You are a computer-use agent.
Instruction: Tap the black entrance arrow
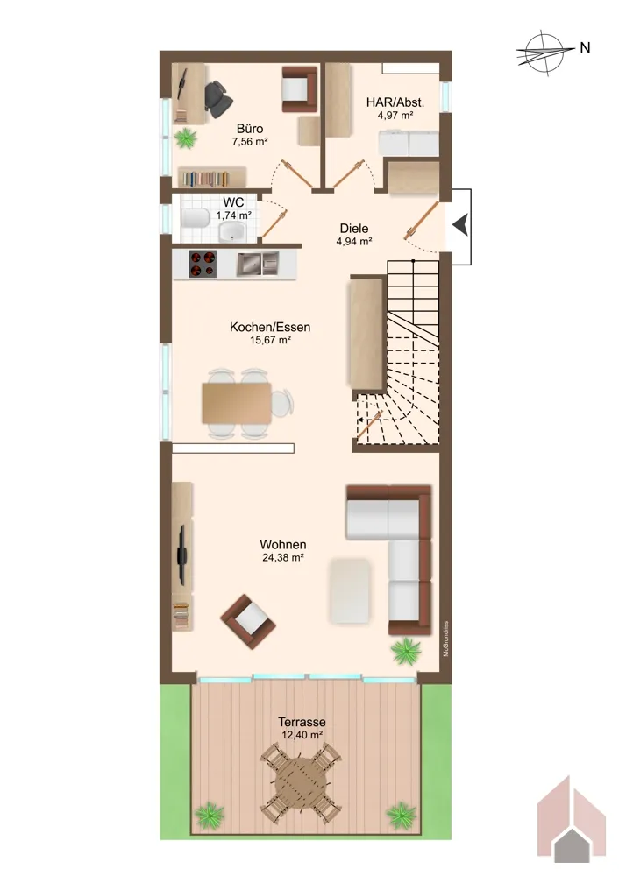pyautogui.click(x=460, y=226)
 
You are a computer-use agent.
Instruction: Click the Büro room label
pyautogui.click(x=249, y=129)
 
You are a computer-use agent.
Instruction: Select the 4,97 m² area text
pyautogui.click(x=395, y=116)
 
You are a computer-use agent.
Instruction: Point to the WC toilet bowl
pyautogui.click(x=195, y=218)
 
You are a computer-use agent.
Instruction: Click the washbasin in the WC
pyautogui.click(x=233, y=230)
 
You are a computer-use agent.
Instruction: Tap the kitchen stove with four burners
pyautogui.click(x=203, y=264)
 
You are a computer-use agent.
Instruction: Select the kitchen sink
pyautogui.click(x=257, y=264)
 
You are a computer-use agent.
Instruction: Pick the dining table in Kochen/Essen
pyautogui.click(x=237, y=403)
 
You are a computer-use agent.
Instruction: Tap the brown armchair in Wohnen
pyautogui.click(x=248, y=621)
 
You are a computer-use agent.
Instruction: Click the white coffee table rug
pyautogui.click(x=350, y=590)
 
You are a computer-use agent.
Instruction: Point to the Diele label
pyautogui.click(x=354, y=228)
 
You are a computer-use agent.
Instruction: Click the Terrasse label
pyautogui.click(x=302, y=722)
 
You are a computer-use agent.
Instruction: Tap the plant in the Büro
pyautogui.click(x=185, y=138)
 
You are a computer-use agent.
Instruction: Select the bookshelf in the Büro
pyautogui.click(x=211, y=178)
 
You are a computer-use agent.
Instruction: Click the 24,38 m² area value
pyautogui.click(x=283, y=557)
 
